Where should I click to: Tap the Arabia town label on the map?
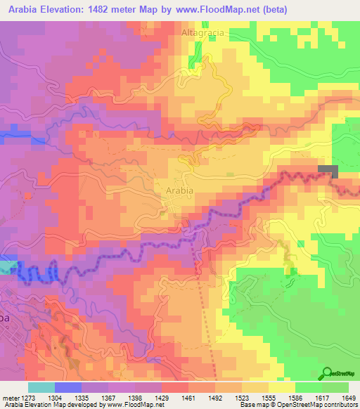pyautogui.click(x=179, y=190)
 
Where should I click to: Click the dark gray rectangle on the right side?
pyautogui.click(x=328, y=169)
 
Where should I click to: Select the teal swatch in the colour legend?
pyautogui.click(x=41, y=387)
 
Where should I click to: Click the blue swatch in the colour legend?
pyautogui.click(x=67, y=387)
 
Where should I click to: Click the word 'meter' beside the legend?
pyautogui.click(x=10, y=397)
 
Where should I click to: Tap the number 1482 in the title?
pyautogui.click(x=115, y=8)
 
